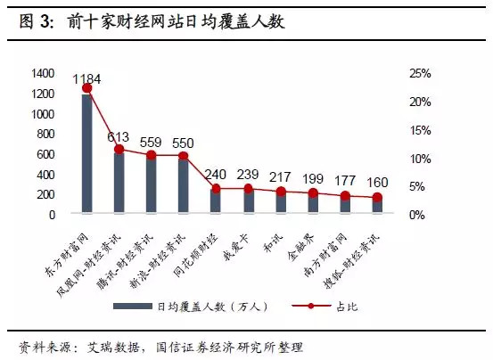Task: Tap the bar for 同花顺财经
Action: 216,201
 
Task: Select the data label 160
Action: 378,184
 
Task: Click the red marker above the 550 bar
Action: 184,156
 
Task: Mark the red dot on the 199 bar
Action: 313,193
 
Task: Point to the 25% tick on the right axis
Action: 420,73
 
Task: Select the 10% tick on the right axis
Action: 420,158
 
